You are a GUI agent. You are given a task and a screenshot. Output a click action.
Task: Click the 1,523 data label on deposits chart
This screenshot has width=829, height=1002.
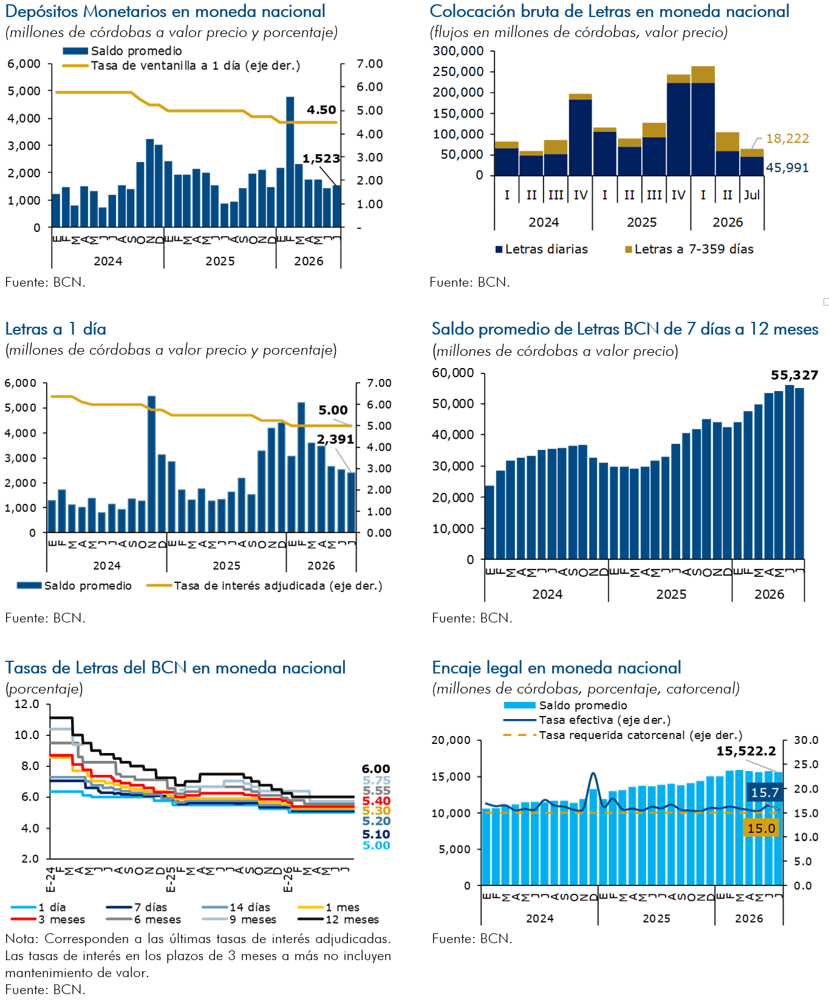(321, 158)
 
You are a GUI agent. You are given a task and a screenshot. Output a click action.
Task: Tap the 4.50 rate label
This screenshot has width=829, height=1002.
(321, 110)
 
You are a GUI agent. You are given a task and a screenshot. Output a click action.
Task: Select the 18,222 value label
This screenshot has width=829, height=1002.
(788, 138)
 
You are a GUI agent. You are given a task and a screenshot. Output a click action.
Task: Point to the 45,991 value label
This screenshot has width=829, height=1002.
(788, 168)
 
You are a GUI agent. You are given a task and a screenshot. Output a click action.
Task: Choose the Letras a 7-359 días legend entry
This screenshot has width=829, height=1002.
(689, 249)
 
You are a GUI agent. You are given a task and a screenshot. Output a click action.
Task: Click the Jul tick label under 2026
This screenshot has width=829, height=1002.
(752, 195)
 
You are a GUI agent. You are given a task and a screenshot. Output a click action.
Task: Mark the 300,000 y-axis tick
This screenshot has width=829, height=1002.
(459, 51)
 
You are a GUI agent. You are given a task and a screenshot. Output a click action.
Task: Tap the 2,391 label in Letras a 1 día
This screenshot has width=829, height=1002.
(335, 439)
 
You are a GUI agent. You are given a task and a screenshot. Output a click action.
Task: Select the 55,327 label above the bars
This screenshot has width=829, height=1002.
(794, 375)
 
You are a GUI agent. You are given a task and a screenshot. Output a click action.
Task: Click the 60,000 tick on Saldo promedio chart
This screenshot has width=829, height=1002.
(453, 373)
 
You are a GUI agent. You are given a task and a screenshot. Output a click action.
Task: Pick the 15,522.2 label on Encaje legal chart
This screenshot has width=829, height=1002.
(746, 751)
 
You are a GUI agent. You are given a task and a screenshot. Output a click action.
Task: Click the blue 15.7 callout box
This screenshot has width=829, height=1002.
(765, 792)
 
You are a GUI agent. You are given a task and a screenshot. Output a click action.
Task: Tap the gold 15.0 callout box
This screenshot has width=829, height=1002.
(761, 828)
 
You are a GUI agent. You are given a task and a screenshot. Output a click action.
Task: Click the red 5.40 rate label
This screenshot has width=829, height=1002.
(377, 801)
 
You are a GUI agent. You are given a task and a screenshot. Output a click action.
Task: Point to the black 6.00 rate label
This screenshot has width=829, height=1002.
(377, 769)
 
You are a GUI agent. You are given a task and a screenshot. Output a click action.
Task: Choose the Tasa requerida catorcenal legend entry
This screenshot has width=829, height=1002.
(623, 735)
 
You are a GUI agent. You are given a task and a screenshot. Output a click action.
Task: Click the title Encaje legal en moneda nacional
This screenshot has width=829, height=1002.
(556, 668)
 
